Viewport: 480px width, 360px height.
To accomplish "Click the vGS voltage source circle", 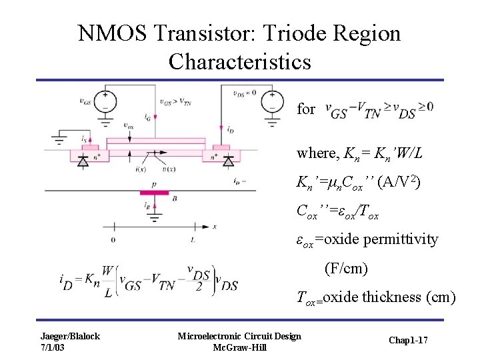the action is point(105,101).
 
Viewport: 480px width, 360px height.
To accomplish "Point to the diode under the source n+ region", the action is point(83,161).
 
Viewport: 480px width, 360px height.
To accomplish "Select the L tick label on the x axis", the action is point(193,239).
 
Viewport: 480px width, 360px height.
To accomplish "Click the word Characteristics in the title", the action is point(239,61).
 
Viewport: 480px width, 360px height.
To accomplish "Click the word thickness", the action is point(391,297).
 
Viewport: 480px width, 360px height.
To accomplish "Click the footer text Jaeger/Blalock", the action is point(69,335).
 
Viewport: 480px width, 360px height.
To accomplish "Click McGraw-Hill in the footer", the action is point(239,347).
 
